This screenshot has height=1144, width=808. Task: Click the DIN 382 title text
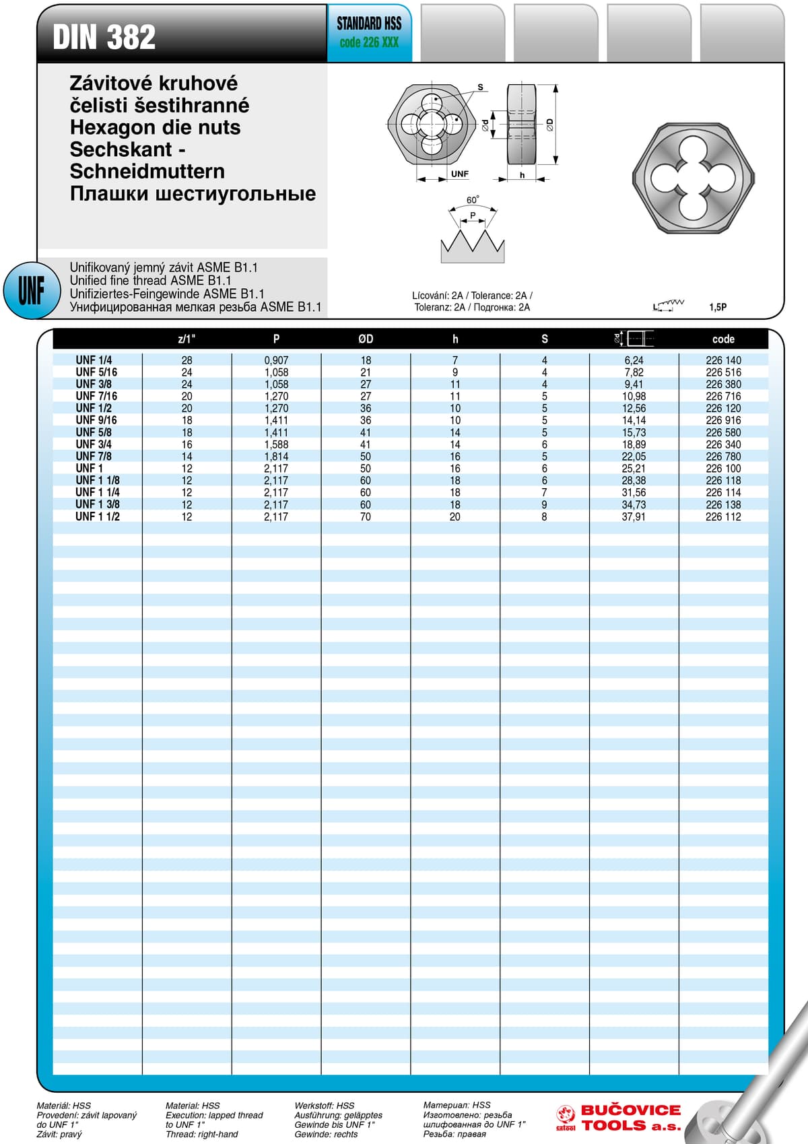[x=104, y=37]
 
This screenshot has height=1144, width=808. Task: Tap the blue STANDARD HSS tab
[x=369, y=33]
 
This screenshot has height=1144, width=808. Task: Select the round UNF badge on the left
[x=32, y=290]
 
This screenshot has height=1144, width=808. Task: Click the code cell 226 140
[x=723, y=360]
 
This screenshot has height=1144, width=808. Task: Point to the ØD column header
[x=366, y=339]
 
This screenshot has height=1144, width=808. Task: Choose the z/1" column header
[x=187, y=339]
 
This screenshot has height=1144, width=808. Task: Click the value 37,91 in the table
[x=634, y=516]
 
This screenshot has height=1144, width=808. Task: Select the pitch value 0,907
[x=276, y=360]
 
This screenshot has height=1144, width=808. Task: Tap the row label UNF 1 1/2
[x=98, y=516]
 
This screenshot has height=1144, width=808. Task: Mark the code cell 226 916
[x=723, y=420]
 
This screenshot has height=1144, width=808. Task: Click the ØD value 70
[x=366, y=516]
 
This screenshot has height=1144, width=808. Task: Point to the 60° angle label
[x=473, y=200]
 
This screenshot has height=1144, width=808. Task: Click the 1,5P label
[x=718, y=307]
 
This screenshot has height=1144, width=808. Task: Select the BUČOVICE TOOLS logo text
[x=631, y=1118]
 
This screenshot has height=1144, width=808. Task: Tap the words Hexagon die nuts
[x=155, y=127]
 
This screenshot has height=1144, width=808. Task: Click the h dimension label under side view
[x=522, y=175]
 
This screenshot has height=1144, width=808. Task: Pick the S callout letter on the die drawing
[x=480, y=87]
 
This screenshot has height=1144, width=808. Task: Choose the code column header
[x=723, y=339]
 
